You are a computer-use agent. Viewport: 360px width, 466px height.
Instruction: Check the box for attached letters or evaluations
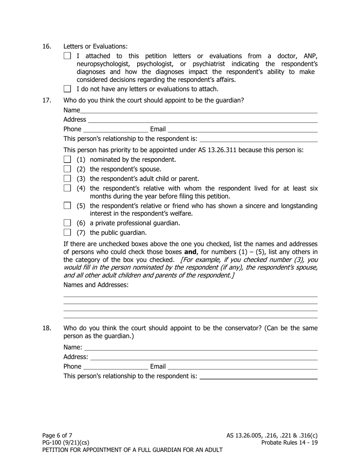[67, 56]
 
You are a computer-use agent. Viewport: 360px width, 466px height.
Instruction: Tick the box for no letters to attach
[67, 89]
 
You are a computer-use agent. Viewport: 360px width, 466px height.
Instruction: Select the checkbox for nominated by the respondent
[67, 159]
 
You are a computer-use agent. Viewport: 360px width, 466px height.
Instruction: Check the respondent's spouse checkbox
[67, 169]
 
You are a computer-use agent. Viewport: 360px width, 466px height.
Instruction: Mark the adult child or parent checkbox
[67, 178]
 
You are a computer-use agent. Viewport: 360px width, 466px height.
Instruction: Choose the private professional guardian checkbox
[67, 223]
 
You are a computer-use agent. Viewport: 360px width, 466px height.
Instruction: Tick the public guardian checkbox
[67, 232]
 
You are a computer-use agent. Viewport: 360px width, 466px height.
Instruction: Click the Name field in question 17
[199, 110]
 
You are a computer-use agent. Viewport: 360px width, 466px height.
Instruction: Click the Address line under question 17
[202, 119]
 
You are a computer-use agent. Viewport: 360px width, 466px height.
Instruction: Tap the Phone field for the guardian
[115, 129]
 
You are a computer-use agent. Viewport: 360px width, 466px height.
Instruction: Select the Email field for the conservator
[243, 366]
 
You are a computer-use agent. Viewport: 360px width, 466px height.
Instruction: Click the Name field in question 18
[200, 347]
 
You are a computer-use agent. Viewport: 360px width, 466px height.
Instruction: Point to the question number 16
[47, 47]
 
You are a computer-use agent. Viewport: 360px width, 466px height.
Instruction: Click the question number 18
[47, 328]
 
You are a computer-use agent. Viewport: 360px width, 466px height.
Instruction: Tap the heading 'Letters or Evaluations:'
[95, 47]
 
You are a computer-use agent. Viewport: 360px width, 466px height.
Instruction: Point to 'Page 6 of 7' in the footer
[57, 435]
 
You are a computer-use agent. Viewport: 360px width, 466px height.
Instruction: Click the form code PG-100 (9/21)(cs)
[66, 443]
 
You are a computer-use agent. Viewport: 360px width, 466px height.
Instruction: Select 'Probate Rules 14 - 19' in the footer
[290, 443]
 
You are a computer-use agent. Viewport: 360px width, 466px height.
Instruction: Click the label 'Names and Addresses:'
[96, 285]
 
